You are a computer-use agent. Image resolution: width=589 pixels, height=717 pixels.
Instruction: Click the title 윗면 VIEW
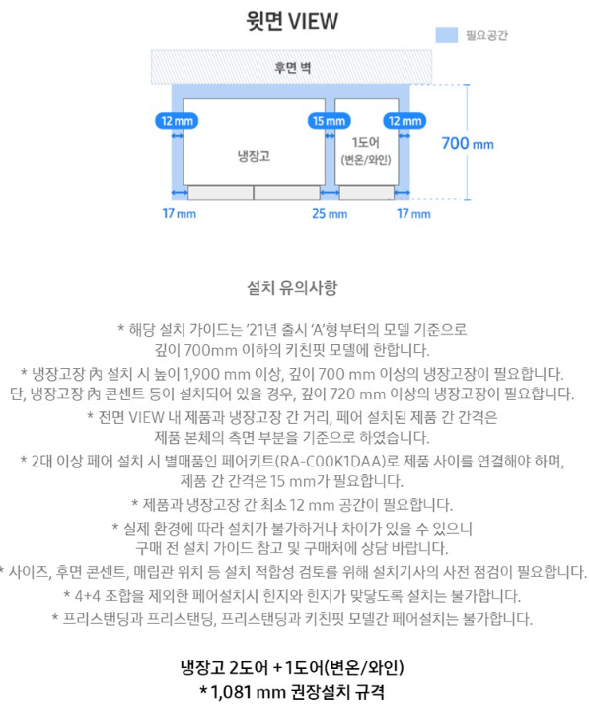292,21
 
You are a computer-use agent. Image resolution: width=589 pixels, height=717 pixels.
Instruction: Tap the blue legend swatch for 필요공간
446,36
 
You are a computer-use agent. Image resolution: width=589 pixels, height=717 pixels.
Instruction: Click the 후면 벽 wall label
292,68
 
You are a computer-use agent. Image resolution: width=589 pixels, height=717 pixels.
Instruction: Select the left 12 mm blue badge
177,121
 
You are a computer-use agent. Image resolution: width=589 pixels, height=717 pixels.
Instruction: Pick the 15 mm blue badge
330,121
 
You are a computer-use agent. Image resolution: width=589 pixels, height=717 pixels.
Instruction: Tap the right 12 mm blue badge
405,121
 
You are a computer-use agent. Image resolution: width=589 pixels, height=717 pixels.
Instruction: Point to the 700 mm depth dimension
468,144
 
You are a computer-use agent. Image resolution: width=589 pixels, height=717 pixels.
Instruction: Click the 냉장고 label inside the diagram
254,157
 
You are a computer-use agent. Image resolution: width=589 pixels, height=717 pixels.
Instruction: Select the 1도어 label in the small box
366,143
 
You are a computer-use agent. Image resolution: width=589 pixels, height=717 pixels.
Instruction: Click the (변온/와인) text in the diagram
366,160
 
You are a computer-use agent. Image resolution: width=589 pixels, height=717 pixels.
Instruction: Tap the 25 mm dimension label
330,214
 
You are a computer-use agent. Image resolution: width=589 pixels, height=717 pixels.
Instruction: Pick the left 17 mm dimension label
180,214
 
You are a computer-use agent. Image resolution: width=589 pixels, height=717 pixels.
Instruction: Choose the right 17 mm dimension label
413,214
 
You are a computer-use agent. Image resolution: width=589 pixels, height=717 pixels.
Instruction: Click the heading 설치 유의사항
292,288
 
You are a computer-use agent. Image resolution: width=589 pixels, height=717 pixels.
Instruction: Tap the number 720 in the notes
343,394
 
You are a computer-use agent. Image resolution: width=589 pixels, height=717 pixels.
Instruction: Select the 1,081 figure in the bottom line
230,691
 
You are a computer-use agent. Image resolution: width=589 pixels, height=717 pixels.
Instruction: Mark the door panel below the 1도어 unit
366,193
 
